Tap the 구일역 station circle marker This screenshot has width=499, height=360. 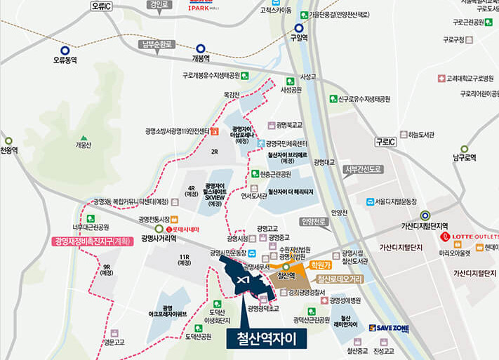(x=299, y=28)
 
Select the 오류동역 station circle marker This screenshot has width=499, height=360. (x=65, y=50)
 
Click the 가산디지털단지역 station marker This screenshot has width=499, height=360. (x=424, y=215)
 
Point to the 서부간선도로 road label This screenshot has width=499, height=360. (x=362, y=169)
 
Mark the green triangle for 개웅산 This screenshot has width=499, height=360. (x=84, y=138)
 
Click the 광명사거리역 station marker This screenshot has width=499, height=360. (x=159, y=229)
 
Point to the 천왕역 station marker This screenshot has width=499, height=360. (x=8, y=140)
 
